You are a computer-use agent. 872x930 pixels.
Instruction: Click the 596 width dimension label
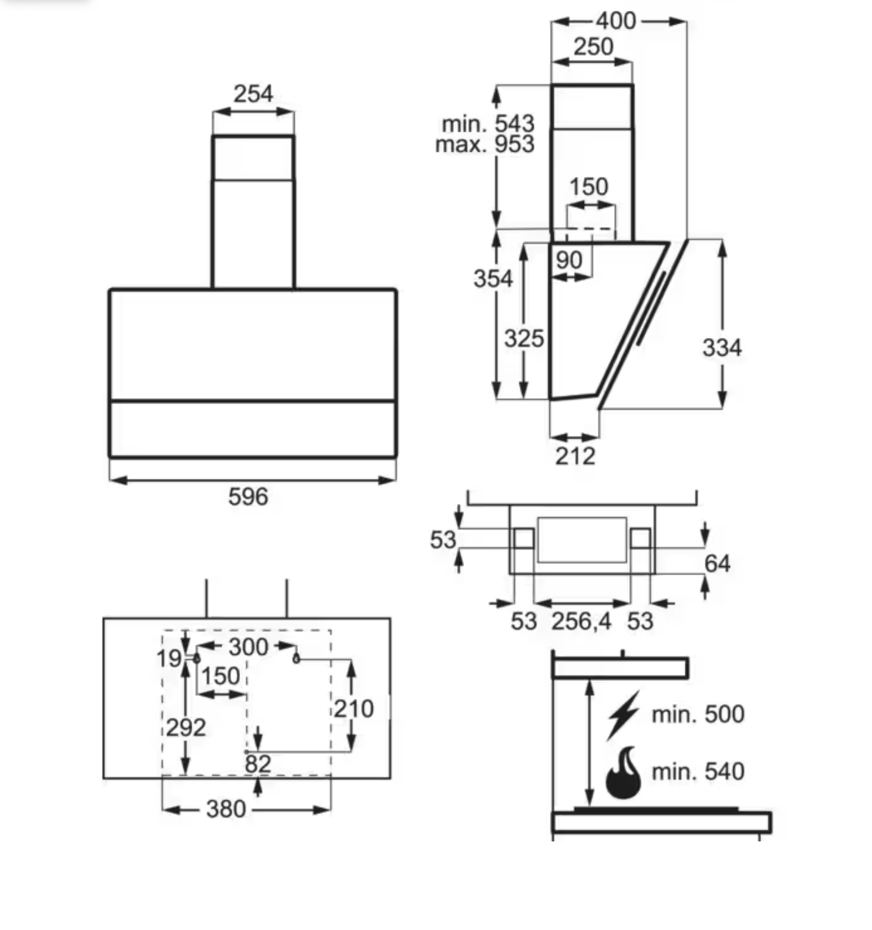(x=248, y=496)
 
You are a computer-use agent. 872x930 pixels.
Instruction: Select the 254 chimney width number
(x=253, y=94)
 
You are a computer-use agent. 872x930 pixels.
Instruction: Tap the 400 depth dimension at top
(x=616, y=21)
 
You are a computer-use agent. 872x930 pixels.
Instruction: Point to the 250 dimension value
(x=593, y=47)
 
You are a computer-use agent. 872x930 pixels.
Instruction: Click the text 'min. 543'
(x=488, y=124)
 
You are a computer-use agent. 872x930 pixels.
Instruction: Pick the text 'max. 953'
(x=484, y=144)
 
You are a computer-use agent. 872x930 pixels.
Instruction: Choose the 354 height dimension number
(x=493, y=278)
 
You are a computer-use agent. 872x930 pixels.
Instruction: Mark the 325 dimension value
(x=524, y=338)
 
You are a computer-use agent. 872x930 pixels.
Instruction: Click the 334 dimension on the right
(x=722, y=348)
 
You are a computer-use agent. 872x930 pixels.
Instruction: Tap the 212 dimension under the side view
(x=575, y=456)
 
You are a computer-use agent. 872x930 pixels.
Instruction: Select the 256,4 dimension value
(x=581, y=621)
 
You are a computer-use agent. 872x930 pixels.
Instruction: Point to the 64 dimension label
(x=717, y=564)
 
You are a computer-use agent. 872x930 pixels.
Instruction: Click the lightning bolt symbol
(x=624, y=715)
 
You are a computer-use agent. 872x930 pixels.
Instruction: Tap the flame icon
(x=623, y=773)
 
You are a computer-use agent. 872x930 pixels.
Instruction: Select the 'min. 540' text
(x=697, y=772)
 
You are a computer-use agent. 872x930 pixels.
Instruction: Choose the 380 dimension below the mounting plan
(x=226, y=809)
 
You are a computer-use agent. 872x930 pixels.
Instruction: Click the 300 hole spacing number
(x=248, y=647)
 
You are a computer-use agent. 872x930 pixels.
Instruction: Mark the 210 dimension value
(x=353, y=709)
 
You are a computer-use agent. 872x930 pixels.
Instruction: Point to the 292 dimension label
(x=186, y=728)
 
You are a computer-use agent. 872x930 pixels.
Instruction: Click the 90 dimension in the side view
(x=569, y=260)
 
